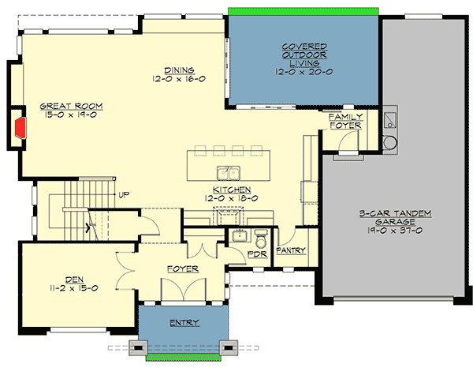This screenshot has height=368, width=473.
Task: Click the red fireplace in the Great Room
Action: coord(19,126)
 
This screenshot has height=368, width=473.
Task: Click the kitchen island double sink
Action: coord(229,172)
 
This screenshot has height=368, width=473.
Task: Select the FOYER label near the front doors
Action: coord(182,269)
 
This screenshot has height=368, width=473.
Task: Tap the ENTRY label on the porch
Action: coord(184,322)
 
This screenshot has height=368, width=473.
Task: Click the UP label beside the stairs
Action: coord(124,194)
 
